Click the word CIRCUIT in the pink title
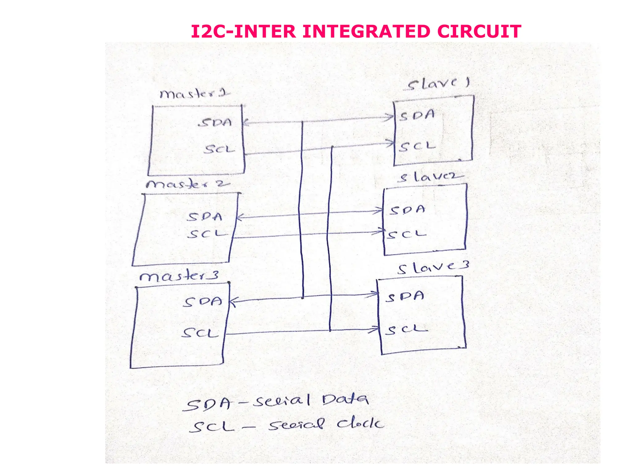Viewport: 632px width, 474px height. point(479,31)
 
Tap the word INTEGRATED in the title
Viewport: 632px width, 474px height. point(366,31)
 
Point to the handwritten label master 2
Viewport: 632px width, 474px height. point(188,184)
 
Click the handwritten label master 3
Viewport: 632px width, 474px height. point(179,276)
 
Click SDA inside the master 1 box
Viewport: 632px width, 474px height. point(215,123)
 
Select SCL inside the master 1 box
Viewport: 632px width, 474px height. point(219,149)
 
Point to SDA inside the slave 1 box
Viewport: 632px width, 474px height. point(417,115)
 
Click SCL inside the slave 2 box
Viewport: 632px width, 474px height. point(407,235)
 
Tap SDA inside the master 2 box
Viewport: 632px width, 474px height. point(205,217)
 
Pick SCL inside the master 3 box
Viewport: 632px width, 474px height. point(200,333)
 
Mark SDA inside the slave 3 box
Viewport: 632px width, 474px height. point(405,297)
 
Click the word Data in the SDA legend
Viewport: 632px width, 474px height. point(345,400)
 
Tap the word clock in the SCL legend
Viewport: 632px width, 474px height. point(360,423)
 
